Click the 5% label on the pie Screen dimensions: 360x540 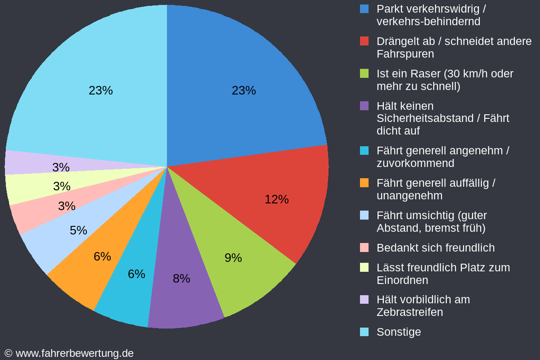tap(78, 230)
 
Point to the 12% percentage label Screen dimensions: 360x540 tap(276, 199)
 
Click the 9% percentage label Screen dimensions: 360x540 tap(233, 258)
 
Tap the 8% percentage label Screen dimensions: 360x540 tap(181, 279)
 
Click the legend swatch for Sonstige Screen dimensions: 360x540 tap(364, 332)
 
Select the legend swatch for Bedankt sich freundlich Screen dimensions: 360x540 tap(364, 247)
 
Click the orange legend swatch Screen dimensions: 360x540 tap(364, 183)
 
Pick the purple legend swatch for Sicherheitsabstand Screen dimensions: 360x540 tap(364, 106)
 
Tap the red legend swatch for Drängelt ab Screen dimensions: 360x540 tap(364, 41)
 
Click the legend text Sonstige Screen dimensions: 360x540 tap(399, 332)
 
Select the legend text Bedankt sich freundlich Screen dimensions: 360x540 tap(435, 248)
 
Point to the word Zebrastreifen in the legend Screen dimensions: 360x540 tap(409, 312)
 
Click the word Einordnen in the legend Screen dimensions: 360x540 tap(402, 280)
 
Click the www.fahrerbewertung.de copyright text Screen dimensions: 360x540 tap(74, 353)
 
